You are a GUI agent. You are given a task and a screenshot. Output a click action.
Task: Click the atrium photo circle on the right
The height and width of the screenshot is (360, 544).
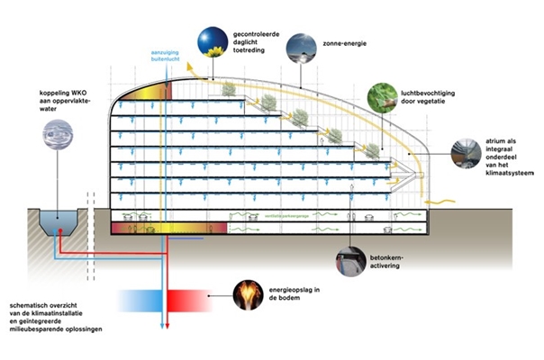click(x=467, y=151)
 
